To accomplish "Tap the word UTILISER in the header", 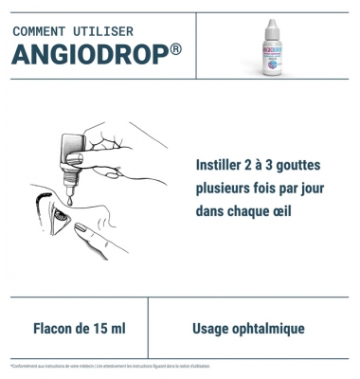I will click(108, 31).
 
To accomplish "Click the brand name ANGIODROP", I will click(84, 55).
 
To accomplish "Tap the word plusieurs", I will click(227, 188).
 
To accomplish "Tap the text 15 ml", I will click(107, 329).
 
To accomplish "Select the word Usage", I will click(212, 329).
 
